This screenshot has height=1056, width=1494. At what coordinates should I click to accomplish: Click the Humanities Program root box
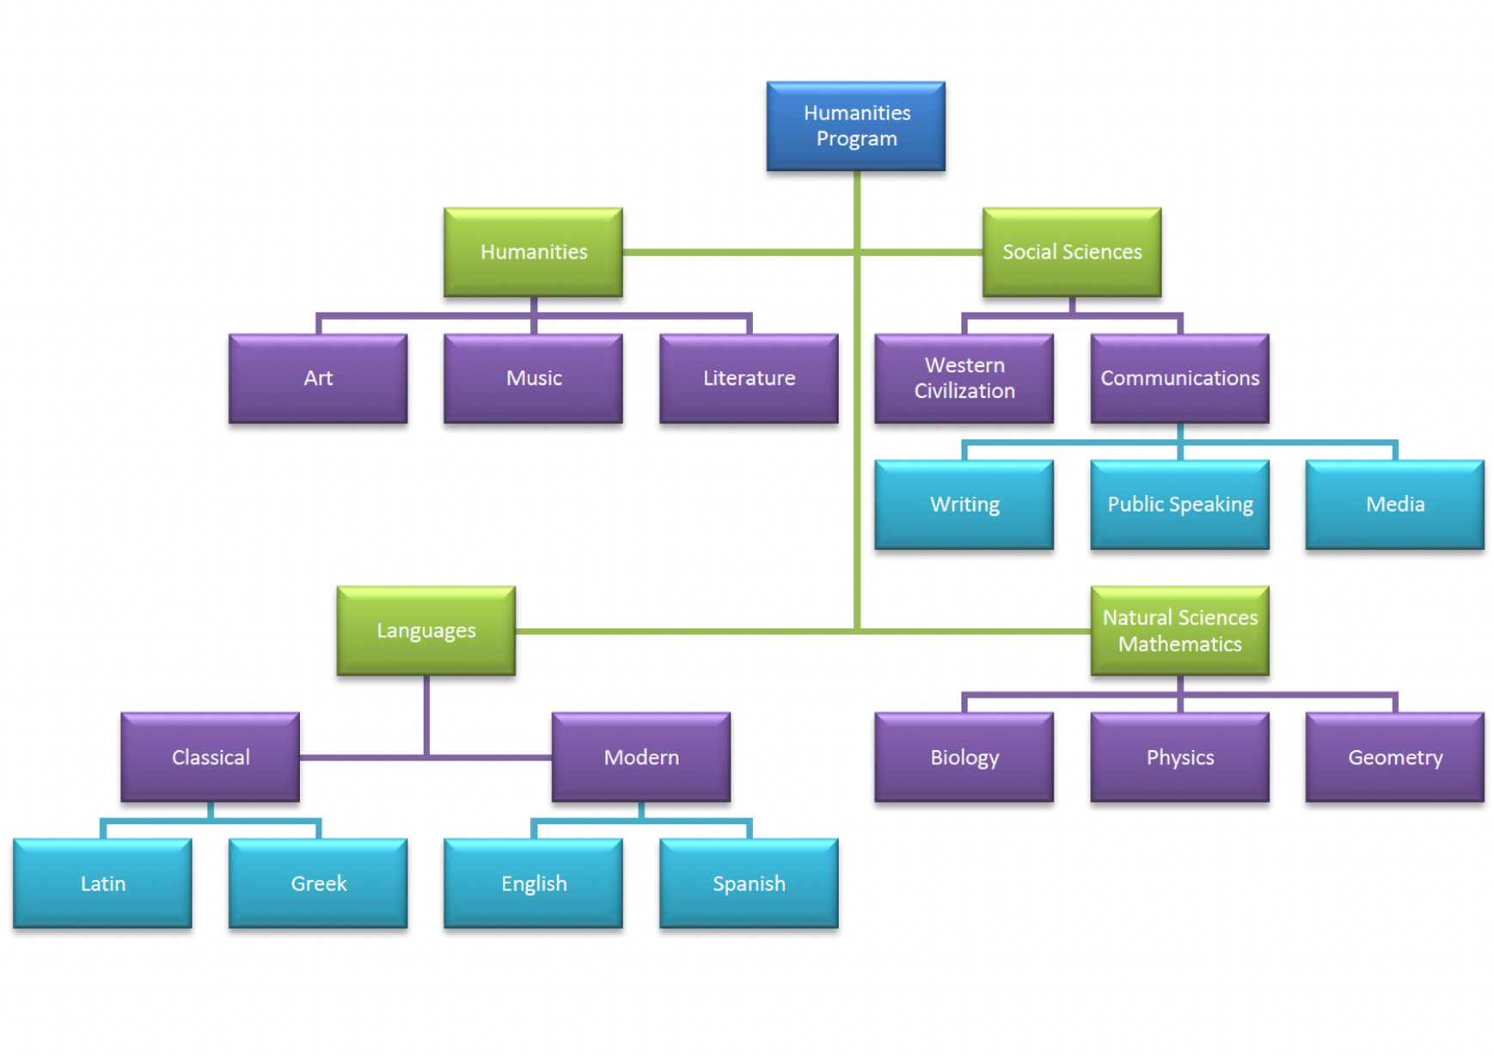[x=855, y=126]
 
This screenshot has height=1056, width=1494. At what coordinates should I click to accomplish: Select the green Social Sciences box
[x=1071, y=252]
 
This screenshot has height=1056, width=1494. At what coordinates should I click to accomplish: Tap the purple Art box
[x=318, y=378]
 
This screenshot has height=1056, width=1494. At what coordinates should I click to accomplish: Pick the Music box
[x=533, y=378]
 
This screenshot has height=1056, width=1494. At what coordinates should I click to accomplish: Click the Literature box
[x=749, y=378]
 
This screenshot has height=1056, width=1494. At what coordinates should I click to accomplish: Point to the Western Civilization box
[x=964, y=378]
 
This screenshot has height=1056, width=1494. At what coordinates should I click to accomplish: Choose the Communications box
[x=1179, y=378]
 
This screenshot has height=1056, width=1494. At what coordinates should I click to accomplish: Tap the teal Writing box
[x=964, y=504]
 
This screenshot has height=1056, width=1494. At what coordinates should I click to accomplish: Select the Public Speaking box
[x=1179, y=504]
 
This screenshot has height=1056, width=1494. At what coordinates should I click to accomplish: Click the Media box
[x=1394, y=504]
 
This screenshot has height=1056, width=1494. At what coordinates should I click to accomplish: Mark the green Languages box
[x=426, y=631]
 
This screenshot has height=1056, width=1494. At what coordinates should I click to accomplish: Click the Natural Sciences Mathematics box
[x=1179, y=631]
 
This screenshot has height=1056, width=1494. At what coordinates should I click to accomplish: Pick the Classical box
[x=211, y=757]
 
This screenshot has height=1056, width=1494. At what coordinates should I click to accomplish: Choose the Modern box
[x=641, y=757]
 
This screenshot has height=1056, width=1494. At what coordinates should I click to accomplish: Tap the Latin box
[x=102, y=883]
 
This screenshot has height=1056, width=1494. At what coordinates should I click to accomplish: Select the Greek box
[x=318, y=883]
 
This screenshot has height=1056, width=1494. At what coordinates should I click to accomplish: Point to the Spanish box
[x=749, y=883]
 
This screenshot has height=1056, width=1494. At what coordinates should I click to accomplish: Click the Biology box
[x=964, y=757]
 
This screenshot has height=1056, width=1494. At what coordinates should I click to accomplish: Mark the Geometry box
[x=1394, y=757]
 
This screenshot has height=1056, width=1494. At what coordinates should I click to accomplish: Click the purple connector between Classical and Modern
[x=490, y=758]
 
